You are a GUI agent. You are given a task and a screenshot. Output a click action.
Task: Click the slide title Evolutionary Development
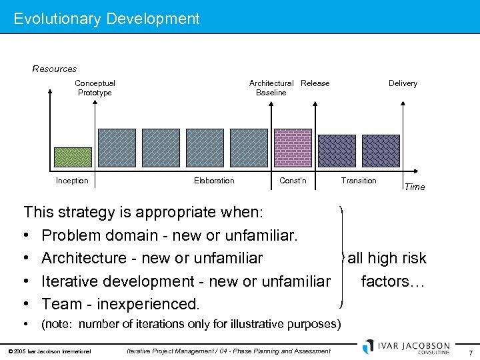click(107, 19)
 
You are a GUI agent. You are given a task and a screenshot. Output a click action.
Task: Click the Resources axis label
click(55, 69)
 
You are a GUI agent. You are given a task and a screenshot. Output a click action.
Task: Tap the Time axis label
click(414, 187)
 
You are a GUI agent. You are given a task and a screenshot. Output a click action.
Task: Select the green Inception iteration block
click(72, 157)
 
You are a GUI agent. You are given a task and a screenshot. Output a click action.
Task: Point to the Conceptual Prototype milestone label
click(95, 88)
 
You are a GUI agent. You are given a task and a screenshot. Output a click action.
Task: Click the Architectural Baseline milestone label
click(271, 88)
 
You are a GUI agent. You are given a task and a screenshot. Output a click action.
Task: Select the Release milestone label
click(315, 83)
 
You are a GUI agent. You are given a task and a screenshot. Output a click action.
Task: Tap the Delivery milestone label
click(403, 83)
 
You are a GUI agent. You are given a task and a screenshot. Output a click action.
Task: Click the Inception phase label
click(72, 181)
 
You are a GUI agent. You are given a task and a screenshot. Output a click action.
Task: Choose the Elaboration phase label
click(214, 181)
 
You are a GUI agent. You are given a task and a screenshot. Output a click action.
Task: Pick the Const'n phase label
click(293, 181)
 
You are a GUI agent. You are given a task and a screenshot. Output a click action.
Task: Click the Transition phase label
click(359, 181)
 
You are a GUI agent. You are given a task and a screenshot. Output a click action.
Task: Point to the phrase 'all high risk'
click(387, 258)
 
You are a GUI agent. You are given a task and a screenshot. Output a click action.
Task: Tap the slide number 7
click(470, 351)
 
